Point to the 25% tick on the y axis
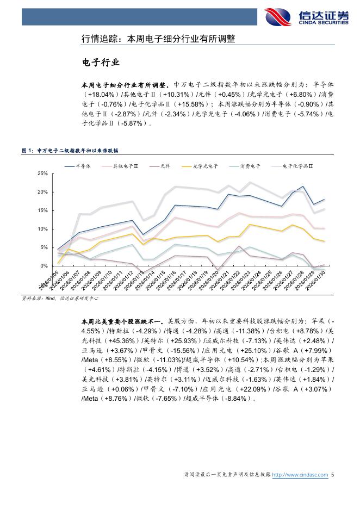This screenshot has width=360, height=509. [x=42, y=173]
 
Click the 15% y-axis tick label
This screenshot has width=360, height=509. [x=42, y=210]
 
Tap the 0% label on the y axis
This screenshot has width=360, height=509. [x=44, y=266]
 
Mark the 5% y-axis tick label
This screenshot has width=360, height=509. [x=44, y=247]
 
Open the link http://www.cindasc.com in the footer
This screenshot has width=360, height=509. [x=300, y=475]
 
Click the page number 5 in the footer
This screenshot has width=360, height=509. [x=332, y=475]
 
